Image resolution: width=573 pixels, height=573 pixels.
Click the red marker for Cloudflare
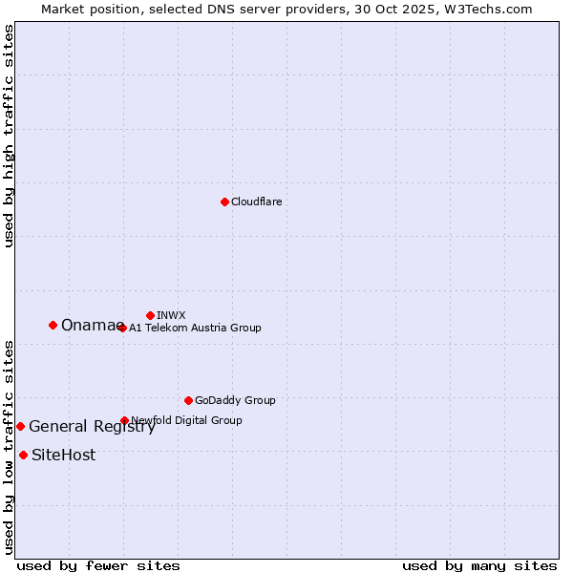click(224, 202)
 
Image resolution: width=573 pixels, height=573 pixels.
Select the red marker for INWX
click(150, 315)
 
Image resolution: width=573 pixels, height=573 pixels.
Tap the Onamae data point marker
click(53, 325)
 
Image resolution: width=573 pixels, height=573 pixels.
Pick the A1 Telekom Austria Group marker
click(122, 328)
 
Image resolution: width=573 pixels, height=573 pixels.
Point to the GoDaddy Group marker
click(188, 400)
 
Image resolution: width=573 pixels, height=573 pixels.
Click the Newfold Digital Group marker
click(124, 420)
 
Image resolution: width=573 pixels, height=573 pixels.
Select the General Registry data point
click(20, 426)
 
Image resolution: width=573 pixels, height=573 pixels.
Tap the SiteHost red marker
click(23, 455)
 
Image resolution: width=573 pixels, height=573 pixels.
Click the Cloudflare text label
click(256, 202)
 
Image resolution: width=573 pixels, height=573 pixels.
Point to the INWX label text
click(171, 315)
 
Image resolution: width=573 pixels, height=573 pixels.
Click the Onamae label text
click(92, 326)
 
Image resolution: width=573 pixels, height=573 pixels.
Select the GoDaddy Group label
click(235, 400)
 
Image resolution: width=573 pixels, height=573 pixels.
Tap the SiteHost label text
click(63, 456)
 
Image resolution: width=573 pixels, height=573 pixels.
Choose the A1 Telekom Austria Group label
click(195, 328)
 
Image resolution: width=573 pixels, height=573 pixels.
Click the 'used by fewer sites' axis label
click(98, 565)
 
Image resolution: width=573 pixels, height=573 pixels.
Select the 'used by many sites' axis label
click(479, 565)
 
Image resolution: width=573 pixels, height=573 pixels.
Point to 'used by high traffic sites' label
click(10, 136)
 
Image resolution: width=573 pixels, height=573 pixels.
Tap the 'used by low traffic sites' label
click(10, 447)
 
